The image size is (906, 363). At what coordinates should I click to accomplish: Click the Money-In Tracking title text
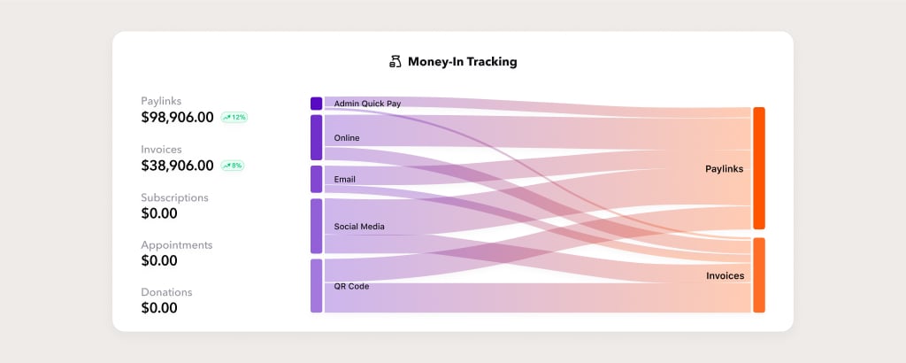click(462, 62)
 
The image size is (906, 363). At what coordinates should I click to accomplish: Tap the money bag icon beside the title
click(395, 62)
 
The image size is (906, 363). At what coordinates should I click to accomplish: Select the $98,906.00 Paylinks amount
click(177, 118)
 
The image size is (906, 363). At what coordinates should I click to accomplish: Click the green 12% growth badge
click(234, 118)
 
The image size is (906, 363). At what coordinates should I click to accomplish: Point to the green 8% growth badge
click(233, 166)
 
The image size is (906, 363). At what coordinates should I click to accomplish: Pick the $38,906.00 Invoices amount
click(177, 166)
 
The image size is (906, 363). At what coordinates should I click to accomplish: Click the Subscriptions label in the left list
click(174, 197)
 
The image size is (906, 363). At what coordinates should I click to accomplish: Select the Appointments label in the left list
click(177, 245)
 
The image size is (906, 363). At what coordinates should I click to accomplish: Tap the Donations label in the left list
click(166, 292)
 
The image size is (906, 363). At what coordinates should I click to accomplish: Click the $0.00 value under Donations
click(159, 308)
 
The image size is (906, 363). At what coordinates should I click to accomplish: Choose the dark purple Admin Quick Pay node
click(316, 104)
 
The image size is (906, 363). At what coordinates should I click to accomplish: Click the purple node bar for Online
click(316, 137)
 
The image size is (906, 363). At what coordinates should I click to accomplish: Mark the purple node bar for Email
click(316, 179)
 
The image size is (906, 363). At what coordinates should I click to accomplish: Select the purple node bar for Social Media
click(316, 226)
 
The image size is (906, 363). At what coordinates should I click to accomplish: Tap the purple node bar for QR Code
click(316, 286)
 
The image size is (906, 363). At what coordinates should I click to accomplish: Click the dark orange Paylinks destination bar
click(758, 168)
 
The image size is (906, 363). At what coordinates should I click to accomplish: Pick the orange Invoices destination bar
click(758, 275)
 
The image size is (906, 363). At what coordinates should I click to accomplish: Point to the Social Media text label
click(359, 227)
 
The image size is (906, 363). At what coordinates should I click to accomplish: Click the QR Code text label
click(351, 286)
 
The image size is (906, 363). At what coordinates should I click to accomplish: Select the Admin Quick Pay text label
click(367, 104)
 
